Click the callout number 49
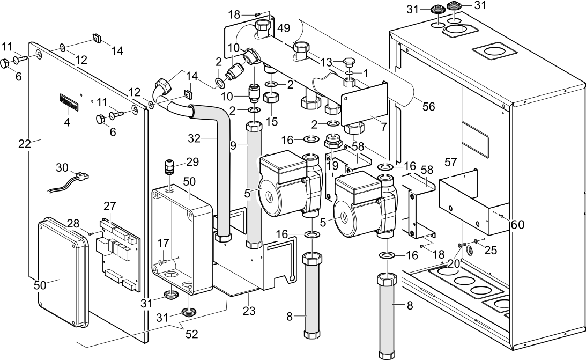(x=284, y=28)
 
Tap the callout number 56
(x=428, y=106)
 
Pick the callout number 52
(x=191, y=334)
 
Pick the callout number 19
(x=332, y=165)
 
